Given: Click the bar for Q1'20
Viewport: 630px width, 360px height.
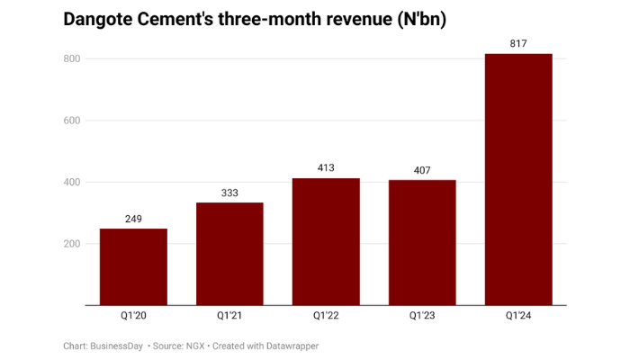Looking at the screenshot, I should [x=133, y=267].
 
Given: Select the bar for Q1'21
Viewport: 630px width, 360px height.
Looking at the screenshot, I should [x=229, y=254].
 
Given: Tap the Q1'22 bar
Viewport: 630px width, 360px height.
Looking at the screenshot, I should [x=326, y=242].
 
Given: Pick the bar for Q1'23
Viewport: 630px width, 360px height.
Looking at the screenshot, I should [x=422, y=243].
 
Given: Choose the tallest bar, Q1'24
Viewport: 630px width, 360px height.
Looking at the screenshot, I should [x=518, y=180].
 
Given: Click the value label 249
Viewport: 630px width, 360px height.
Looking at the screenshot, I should [x=133, y=219].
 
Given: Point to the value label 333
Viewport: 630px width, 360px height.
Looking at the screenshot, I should [x=229, y=193].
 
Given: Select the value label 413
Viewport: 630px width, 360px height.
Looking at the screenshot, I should [x=326, y=168].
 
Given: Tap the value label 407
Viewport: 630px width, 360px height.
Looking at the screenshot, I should [x=422, y=170].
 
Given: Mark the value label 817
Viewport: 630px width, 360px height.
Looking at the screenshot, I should [x=518, y=43].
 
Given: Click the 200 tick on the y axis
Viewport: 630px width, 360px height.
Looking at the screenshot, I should [x=71, y=244].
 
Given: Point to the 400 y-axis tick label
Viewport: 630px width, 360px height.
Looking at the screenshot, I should [x=71, y=183].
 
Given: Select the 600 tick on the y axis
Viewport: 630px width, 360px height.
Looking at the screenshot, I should [x=71, y=121].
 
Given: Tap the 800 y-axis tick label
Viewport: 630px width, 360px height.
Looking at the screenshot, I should [x=71, y=59].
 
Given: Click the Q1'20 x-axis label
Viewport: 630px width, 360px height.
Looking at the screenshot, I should [x=133, y=317].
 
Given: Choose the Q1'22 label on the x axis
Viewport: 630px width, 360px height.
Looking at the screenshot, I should [x=326, y=317].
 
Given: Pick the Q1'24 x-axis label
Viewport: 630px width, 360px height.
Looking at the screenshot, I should [x=518, y=317].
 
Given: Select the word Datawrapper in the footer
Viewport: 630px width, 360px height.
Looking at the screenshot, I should [x=287, y=346].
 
